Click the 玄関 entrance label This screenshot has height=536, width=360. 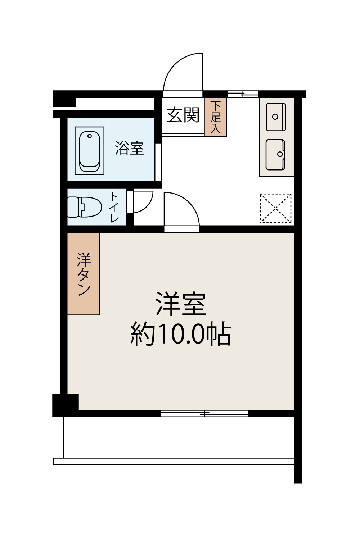[183, 115]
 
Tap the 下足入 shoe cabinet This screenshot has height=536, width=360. [215, 117]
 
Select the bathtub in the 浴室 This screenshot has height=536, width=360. [90, 150]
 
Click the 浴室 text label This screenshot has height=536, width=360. [129, 148]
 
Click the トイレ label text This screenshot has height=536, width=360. [114, 207]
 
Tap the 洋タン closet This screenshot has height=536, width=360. [84, 274]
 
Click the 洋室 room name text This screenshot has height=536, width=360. [180, 304]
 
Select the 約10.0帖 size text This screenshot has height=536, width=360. [180, 335]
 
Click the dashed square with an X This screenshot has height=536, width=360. [275, 208]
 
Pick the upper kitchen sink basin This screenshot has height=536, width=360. [276, 117]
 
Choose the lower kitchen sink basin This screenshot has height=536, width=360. [275, 155]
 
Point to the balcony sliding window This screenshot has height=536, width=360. [204, 414]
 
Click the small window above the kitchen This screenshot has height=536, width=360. [243, 94]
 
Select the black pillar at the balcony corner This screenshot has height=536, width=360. [65, 405]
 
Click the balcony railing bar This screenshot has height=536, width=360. [174, 461]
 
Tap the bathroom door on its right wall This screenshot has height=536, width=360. [158, 162]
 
